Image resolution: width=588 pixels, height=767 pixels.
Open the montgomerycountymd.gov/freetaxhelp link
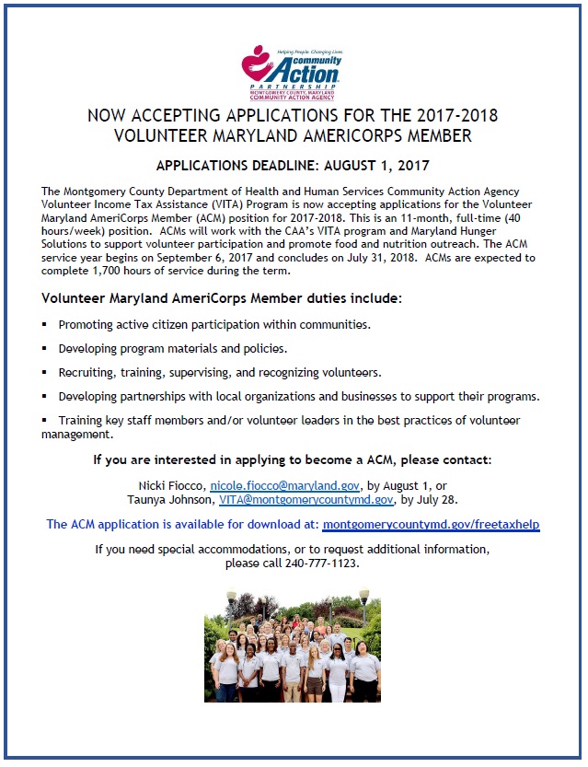click(431, 525)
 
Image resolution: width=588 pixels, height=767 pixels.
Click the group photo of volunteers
click(293, 650)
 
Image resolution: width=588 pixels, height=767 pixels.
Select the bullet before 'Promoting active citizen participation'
click(44, 325)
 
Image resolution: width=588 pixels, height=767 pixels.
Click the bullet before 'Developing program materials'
click(44, 349)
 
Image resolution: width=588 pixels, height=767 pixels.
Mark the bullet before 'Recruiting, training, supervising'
click(44, 373)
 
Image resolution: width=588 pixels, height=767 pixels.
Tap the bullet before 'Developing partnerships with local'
click(44, 397)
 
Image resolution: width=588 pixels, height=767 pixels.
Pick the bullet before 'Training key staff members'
click(44, 421)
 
